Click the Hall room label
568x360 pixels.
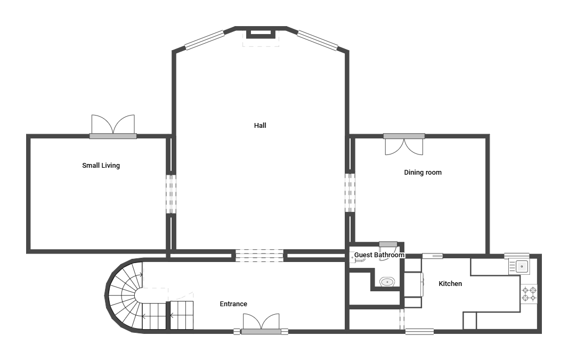tap(260, 126)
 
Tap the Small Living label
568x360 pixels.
tap(101, 166)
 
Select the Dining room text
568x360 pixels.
tap(423, 173)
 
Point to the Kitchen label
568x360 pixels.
tap(450, 284)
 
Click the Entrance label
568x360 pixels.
tap(233, 304)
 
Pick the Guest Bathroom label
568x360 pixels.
tap(379, 255)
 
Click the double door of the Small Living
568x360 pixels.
tap(113, 127)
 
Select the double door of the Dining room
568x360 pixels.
tap(404, 144)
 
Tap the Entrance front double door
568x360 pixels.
tap(261, 323)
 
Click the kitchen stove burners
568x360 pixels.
tap(529, 294)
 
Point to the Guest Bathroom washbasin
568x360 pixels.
tap(387, 281)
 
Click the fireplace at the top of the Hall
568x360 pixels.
tap(261, 34)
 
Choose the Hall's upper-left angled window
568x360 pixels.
tap(205, 40)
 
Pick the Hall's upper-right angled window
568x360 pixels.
tap(318, 40)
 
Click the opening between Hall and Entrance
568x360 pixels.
tap(259, 255)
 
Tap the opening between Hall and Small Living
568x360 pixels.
tap(171, 194)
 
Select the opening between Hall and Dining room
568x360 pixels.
tap(350, 193)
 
